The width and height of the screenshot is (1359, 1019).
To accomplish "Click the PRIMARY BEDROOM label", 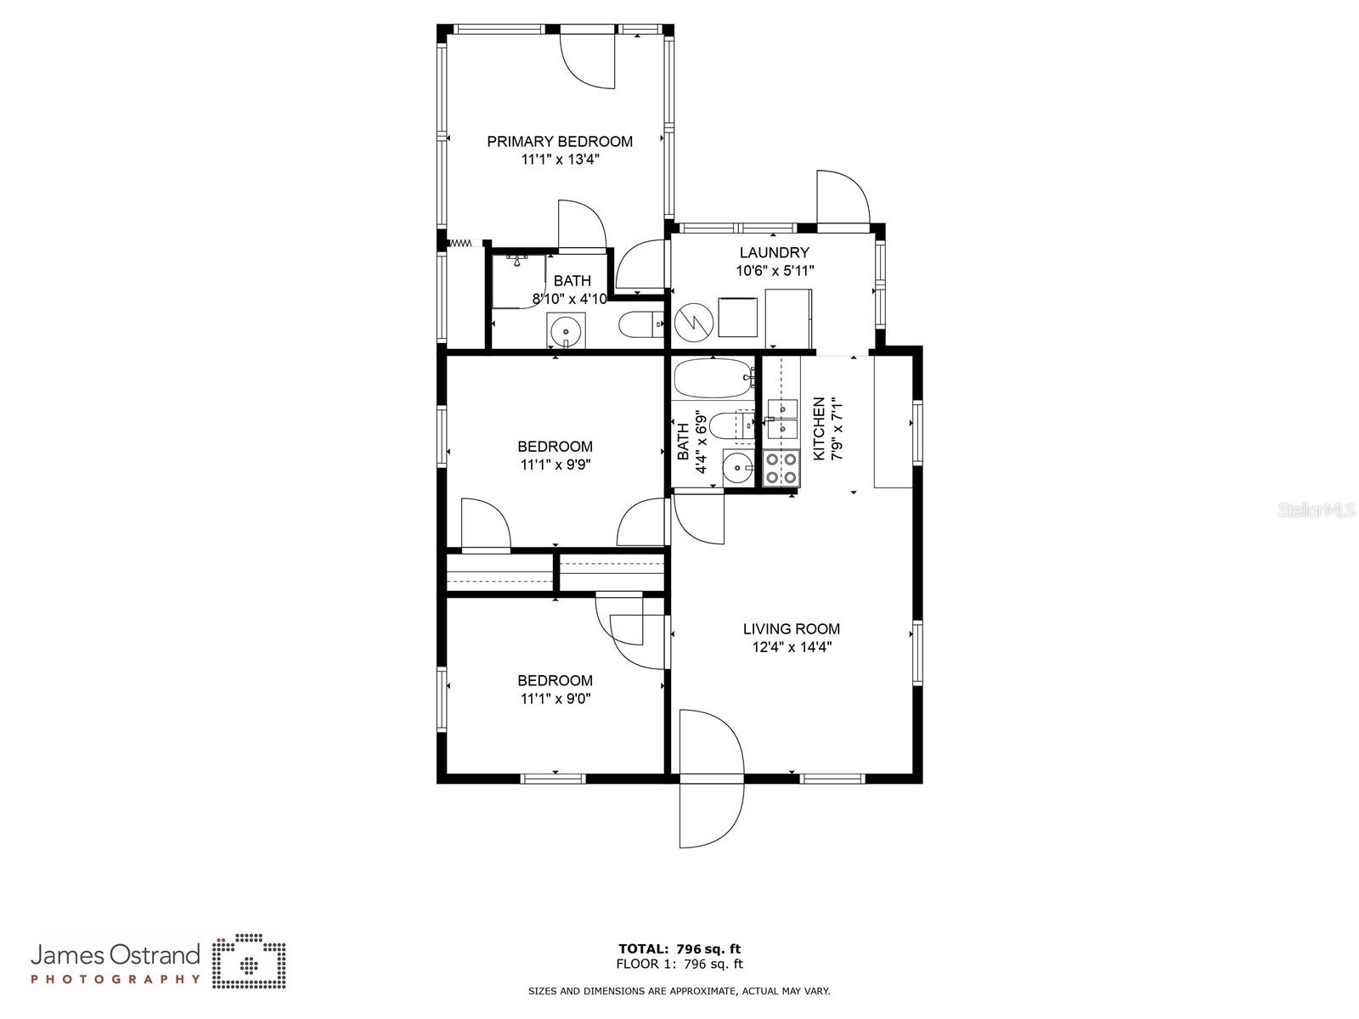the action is [x=559, y=142].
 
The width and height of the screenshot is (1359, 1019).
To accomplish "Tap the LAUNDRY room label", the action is [x=774, y=252].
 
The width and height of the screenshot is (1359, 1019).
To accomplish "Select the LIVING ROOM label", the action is [x=792, y=628].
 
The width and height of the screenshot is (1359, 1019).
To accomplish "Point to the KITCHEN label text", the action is [x=819, y=428].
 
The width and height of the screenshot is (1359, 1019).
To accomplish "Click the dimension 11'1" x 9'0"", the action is [x=555, y=699].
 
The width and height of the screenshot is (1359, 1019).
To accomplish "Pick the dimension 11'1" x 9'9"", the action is [x=555, y=464].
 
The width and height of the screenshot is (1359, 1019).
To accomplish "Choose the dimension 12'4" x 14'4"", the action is [x=792, y=647].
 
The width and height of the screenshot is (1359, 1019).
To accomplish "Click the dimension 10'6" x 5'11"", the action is [x=774, y=270].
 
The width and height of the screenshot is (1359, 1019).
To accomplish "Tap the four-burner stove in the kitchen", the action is [x=781, y=469].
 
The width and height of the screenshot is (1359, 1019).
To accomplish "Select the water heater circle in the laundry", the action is [x=693, y=323].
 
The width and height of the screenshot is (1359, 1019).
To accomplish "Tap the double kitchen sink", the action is [x=782, y=419].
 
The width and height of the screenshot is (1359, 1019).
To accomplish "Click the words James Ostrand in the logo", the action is [x=116, y=955].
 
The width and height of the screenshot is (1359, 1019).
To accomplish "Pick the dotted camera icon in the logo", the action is [x=249, y=961].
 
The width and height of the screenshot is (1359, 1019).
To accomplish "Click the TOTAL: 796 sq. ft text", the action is [x=679, y=949].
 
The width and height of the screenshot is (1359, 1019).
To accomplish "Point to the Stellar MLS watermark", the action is [x=1317, y=510].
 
